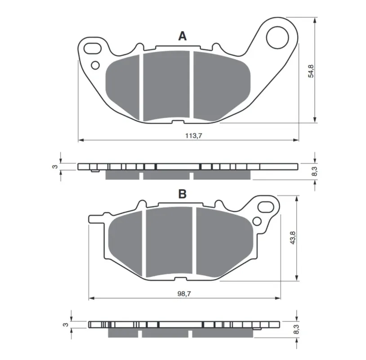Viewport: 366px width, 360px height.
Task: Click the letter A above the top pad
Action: pos(182,36)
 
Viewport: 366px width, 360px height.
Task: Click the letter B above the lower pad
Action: pos(182,193)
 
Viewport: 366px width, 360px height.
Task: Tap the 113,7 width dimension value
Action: pos(193,135)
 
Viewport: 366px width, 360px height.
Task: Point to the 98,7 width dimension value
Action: pos(184,294)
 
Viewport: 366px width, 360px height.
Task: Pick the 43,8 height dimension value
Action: pos(292,238)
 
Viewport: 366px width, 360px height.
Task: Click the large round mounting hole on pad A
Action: pos(277,38)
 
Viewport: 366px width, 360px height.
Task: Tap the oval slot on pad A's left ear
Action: pos(93,48)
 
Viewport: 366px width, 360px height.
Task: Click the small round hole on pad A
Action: pos(95,65)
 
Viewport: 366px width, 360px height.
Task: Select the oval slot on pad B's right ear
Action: pos(266,207)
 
